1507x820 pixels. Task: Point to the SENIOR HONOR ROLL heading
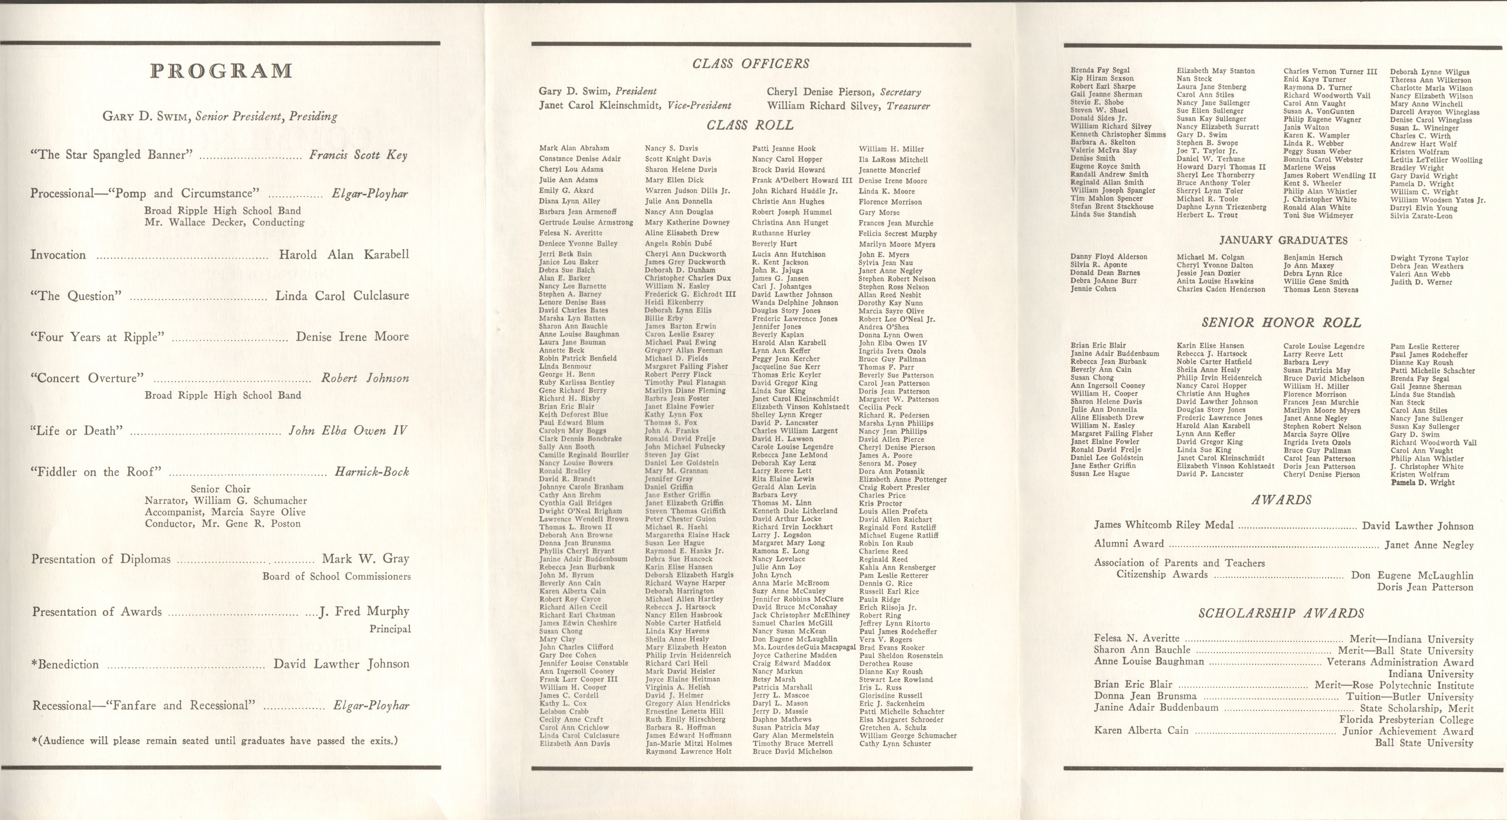point(1281,323)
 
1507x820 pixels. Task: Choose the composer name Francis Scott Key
point(358,155)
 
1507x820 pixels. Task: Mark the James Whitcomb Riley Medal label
point(1164,525)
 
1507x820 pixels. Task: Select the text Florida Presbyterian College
point(1406,719)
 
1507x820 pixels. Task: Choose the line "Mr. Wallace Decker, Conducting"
point(224,222)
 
